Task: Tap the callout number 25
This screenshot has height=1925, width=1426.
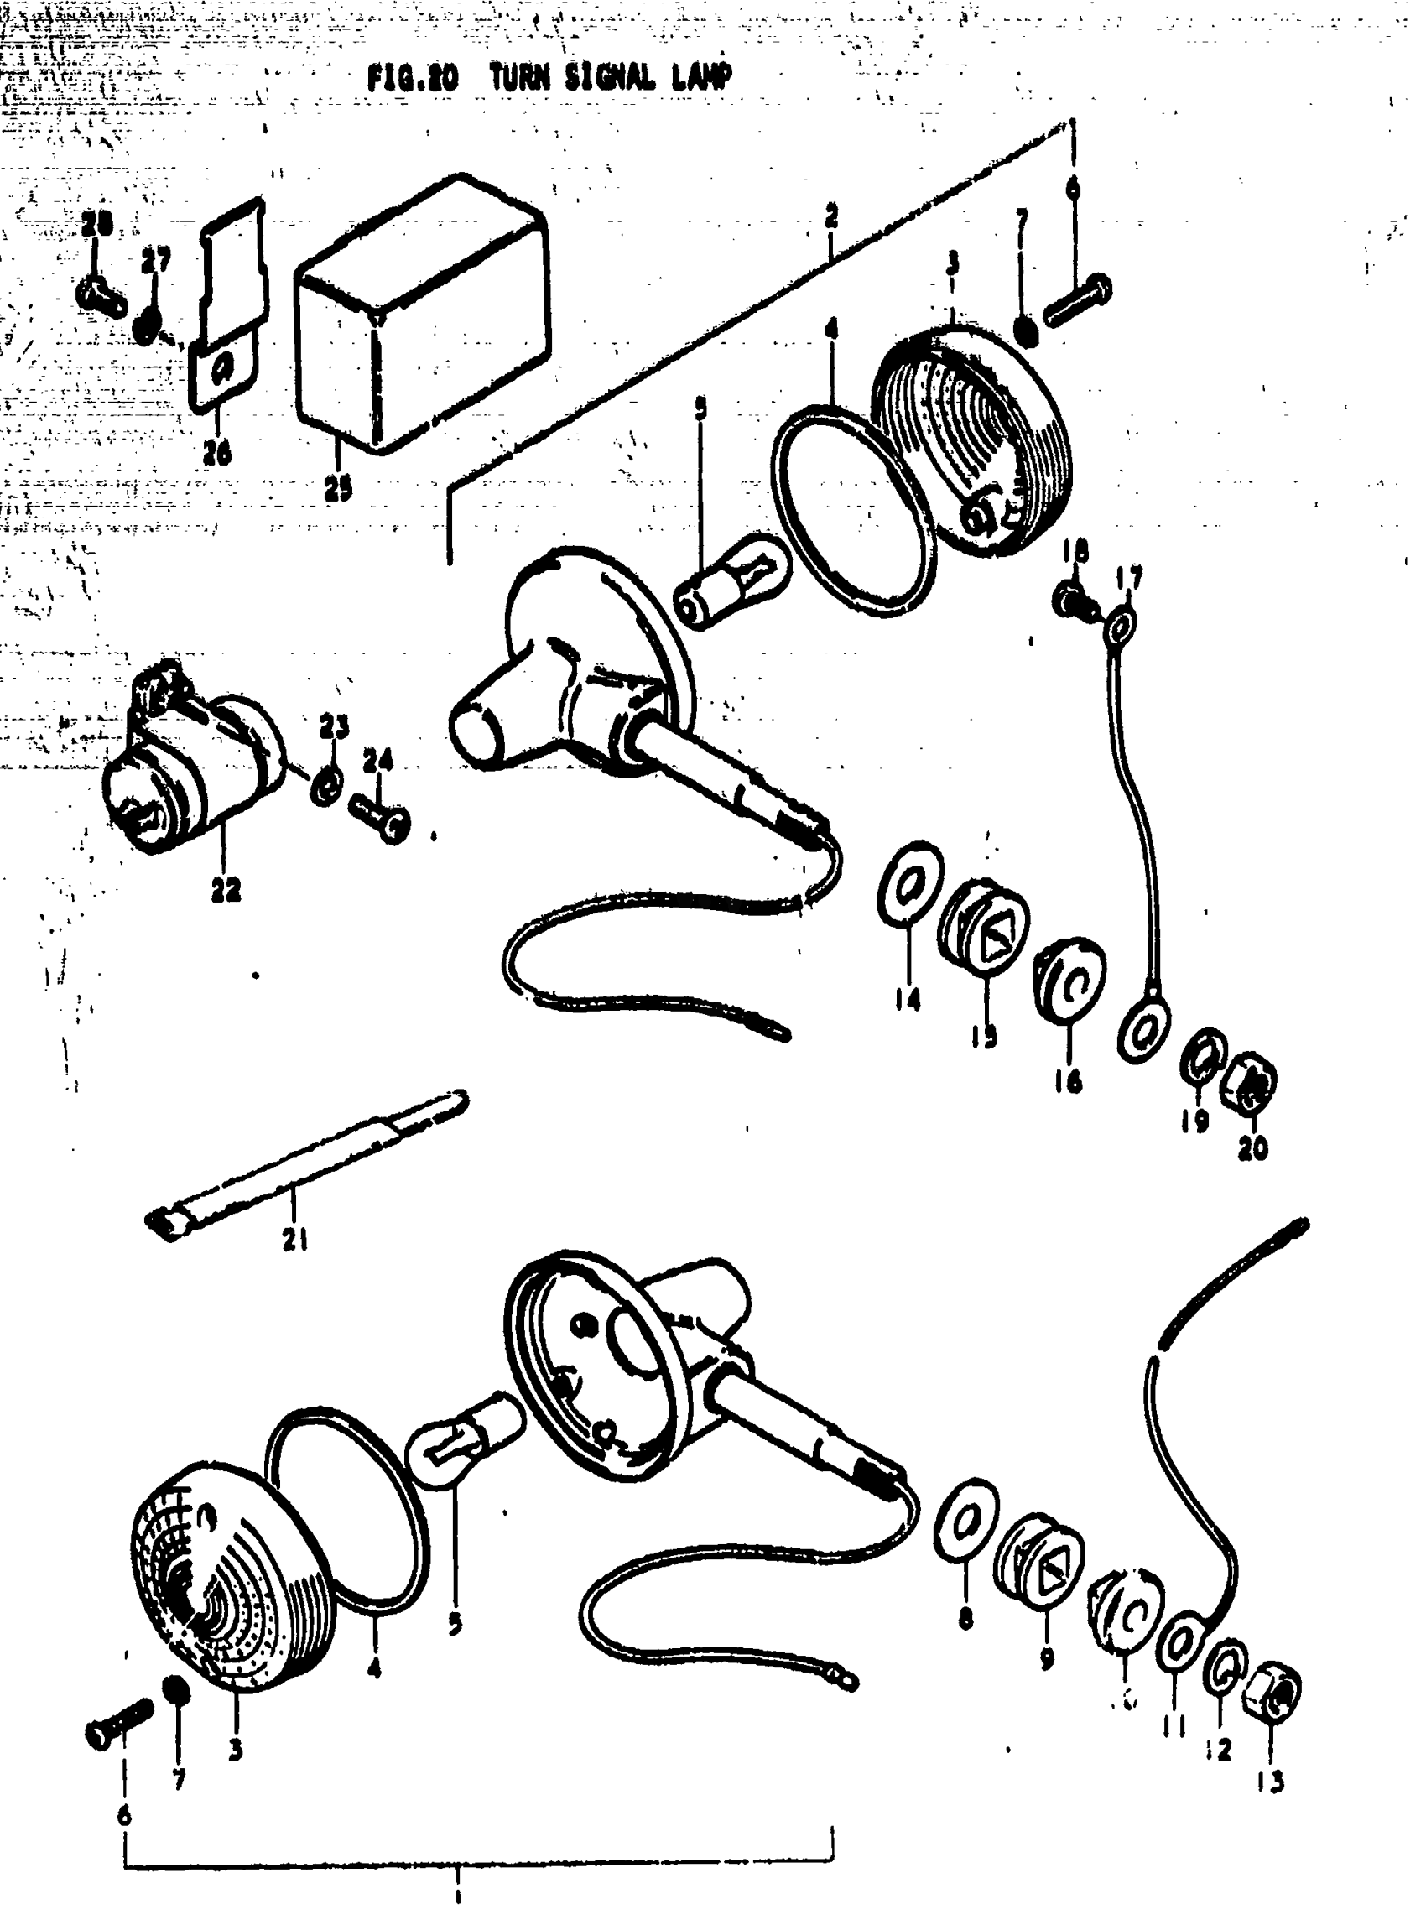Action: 337,490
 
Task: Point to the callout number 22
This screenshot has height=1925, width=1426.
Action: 226,889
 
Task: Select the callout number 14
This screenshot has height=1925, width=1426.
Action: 908,1000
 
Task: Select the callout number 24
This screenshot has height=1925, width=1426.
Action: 377,761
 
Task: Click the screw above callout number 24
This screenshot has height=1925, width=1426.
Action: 381,815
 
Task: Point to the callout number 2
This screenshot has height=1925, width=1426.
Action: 830,216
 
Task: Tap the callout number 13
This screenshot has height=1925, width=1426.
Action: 1271,1780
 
